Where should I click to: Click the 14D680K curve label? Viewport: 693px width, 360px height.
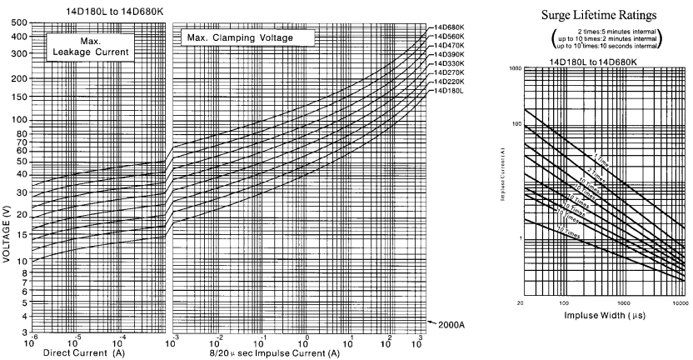450,27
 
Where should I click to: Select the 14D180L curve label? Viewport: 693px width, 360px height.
450,91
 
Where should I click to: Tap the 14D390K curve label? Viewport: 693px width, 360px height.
450,54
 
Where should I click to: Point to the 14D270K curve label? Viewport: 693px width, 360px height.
450,72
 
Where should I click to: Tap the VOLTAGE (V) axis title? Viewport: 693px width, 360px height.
7,226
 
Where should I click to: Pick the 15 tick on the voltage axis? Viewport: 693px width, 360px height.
18,236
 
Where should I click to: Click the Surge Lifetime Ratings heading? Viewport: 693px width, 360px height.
601,14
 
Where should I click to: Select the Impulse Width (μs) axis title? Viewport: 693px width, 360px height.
604,317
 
